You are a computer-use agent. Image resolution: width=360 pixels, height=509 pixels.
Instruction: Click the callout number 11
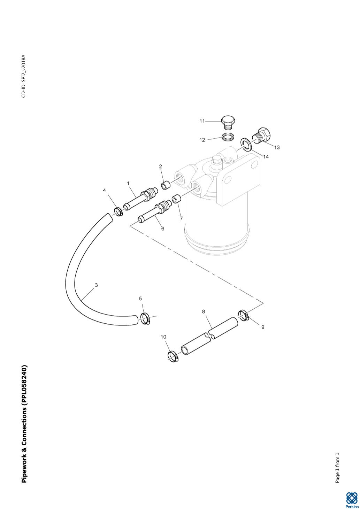(202, 121)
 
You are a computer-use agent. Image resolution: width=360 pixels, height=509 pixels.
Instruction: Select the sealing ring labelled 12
(227, 137)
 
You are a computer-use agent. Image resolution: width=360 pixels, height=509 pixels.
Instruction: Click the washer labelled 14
(246, 144)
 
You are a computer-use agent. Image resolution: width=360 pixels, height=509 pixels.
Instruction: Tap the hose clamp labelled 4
(118, 211)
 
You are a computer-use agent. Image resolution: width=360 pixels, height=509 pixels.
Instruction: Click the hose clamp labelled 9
(244, 316)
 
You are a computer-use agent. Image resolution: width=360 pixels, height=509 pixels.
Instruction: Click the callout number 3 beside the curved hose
(96, 285)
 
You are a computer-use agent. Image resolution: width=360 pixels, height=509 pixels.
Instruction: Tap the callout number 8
(204, 311)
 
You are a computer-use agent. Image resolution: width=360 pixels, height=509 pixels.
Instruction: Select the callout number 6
(162, 229)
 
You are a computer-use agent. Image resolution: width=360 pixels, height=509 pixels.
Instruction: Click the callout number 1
(128, 183)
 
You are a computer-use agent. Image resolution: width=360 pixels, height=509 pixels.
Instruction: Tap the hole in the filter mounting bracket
(228, 180)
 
